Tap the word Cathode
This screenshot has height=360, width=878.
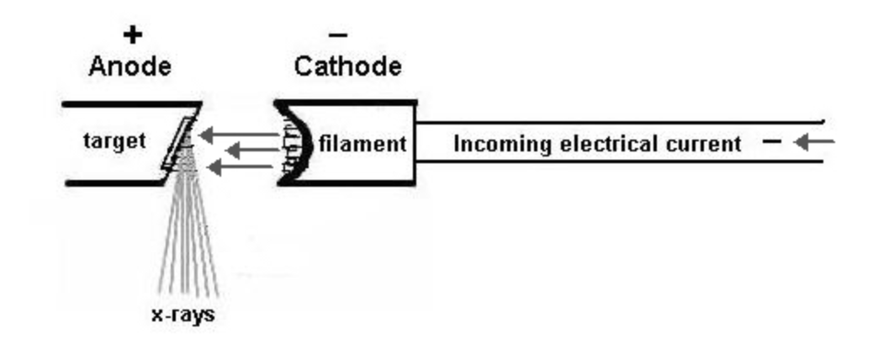[x=346, y=67]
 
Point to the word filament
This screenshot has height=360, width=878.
[x=362, y=143]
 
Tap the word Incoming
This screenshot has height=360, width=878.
[x=493, y=144]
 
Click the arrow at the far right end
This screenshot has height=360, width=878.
[x=814, y=142]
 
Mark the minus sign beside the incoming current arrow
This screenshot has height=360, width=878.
[x=770, y=142]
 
